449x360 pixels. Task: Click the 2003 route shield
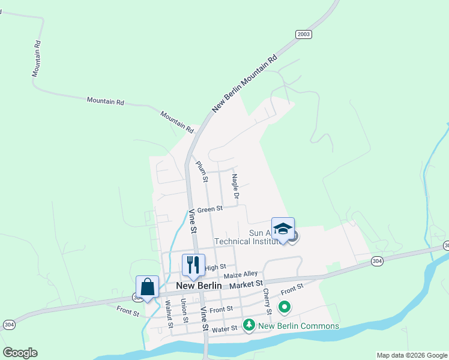point(304,34)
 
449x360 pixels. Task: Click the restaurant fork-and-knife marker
point(193,265)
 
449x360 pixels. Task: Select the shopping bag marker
point(147,287)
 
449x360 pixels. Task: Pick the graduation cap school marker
point(283,229)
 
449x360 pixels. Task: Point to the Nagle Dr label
point(235,187)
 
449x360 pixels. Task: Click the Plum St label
point(201,172)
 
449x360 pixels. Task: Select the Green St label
point(210,209)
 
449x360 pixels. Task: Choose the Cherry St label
point(267,301)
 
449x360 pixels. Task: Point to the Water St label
point(225,329)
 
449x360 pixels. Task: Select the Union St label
point(184,312)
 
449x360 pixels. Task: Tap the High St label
point(215,267)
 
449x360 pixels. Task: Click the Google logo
point(20,353)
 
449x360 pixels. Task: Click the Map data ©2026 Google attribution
point(412,355)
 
